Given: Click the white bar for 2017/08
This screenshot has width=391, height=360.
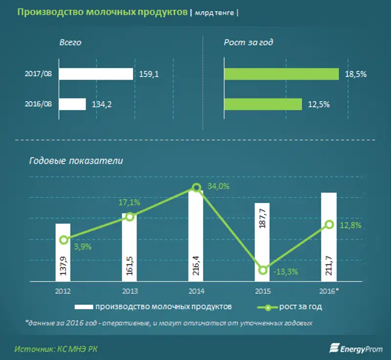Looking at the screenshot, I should (x=96, y=74).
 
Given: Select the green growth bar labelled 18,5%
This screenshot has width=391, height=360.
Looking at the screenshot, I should (x=282, y=74).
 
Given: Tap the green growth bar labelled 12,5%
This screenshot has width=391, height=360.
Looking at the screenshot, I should (x=263, y=104).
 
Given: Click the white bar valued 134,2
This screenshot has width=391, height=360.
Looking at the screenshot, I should (x=72, y=104).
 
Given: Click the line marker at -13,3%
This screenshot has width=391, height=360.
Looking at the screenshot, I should (x=263, y=270).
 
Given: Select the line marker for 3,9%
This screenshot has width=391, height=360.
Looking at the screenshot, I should (x=64, y=240).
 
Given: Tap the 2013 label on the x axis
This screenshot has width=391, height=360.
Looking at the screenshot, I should (x=130, y=291).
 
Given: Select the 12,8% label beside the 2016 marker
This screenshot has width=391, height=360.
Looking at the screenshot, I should (x=348, y=225).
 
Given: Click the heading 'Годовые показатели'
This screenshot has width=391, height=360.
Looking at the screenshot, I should (x=76, y=161).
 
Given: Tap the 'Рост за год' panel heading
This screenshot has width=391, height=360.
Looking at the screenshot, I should (x=248, y=42).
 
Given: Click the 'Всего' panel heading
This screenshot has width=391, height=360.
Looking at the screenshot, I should (x=70, y=42).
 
